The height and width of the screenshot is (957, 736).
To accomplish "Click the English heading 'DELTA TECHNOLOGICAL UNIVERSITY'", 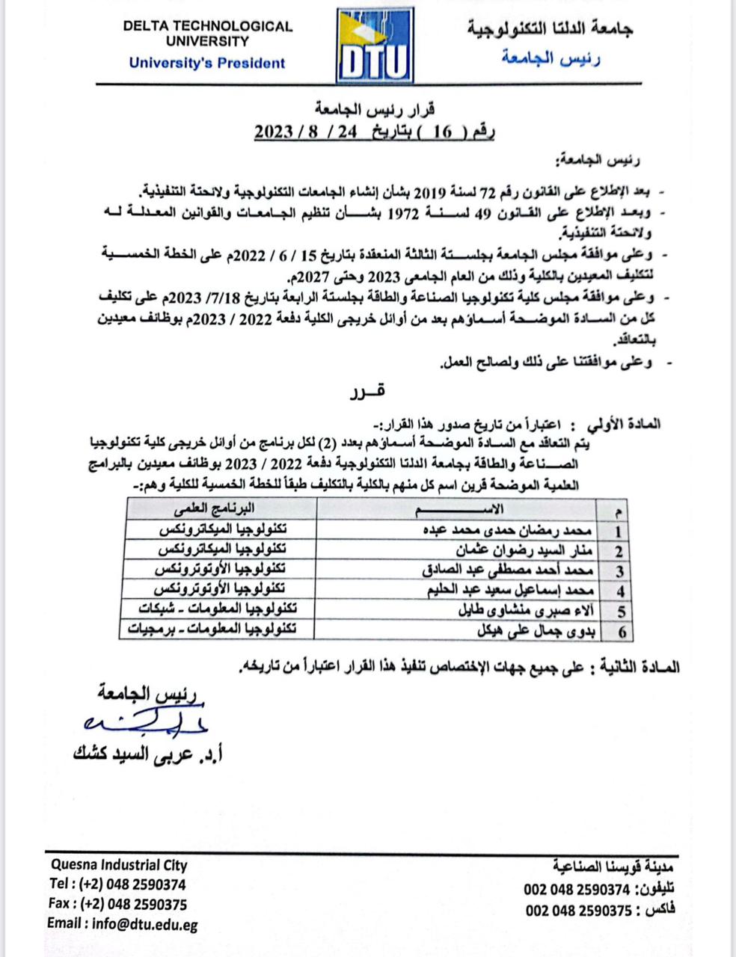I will (208, 34).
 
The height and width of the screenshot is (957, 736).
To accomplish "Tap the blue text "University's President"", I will (207, 63).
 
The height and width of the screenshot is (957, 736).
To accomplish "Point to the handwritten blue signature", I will (146, 722).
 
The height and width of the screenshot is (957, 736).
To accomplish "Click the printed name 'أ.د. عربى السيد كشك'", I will (149, 754).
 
